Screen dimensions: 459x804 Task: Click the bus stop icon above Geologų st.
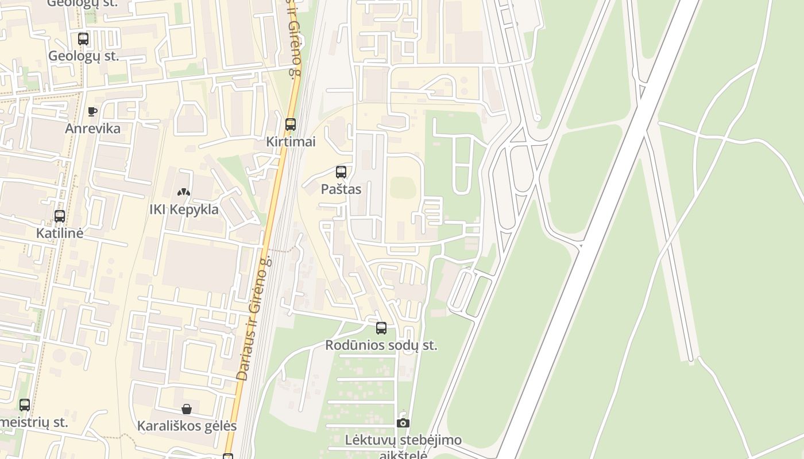click(83, 39)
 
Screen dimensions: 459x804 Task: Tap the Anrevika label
click(92, 129)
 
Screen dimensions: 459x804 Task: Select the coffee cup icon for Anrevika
click(92, 111)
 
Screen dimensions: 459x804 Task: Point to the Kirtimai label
click(291, 142)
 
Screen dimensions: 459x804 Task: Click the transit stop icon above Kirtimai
click(291, 125)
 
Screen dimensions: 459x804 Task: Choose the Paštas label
click(341, 189)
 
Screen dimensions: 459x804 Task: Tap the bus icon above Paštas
click(341, 172)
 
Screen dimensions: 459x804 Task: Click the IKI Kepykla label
click(184, 209)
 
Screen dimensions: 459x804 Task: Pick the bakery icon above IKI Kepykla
click(184, 192)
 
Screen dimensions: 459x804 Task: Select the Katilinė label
click(60, 234)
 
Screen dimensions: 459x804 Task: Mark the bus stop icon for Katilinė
click(60, 216)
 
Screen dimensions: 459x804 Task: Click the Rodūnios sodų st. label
click(381, 345)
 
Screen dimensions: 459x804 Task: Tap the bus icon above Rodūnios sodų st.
click(381, 328)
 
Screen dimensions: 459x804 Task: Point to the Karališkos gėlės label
click(187, 426)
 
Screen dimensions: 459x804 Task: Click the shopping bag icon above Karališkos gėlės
click(187, 409)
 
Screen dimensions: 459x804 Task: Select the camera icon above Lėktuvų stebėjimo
click(403, 423)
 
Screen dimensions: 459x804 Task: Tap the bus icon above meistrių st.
click(25, 405)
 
